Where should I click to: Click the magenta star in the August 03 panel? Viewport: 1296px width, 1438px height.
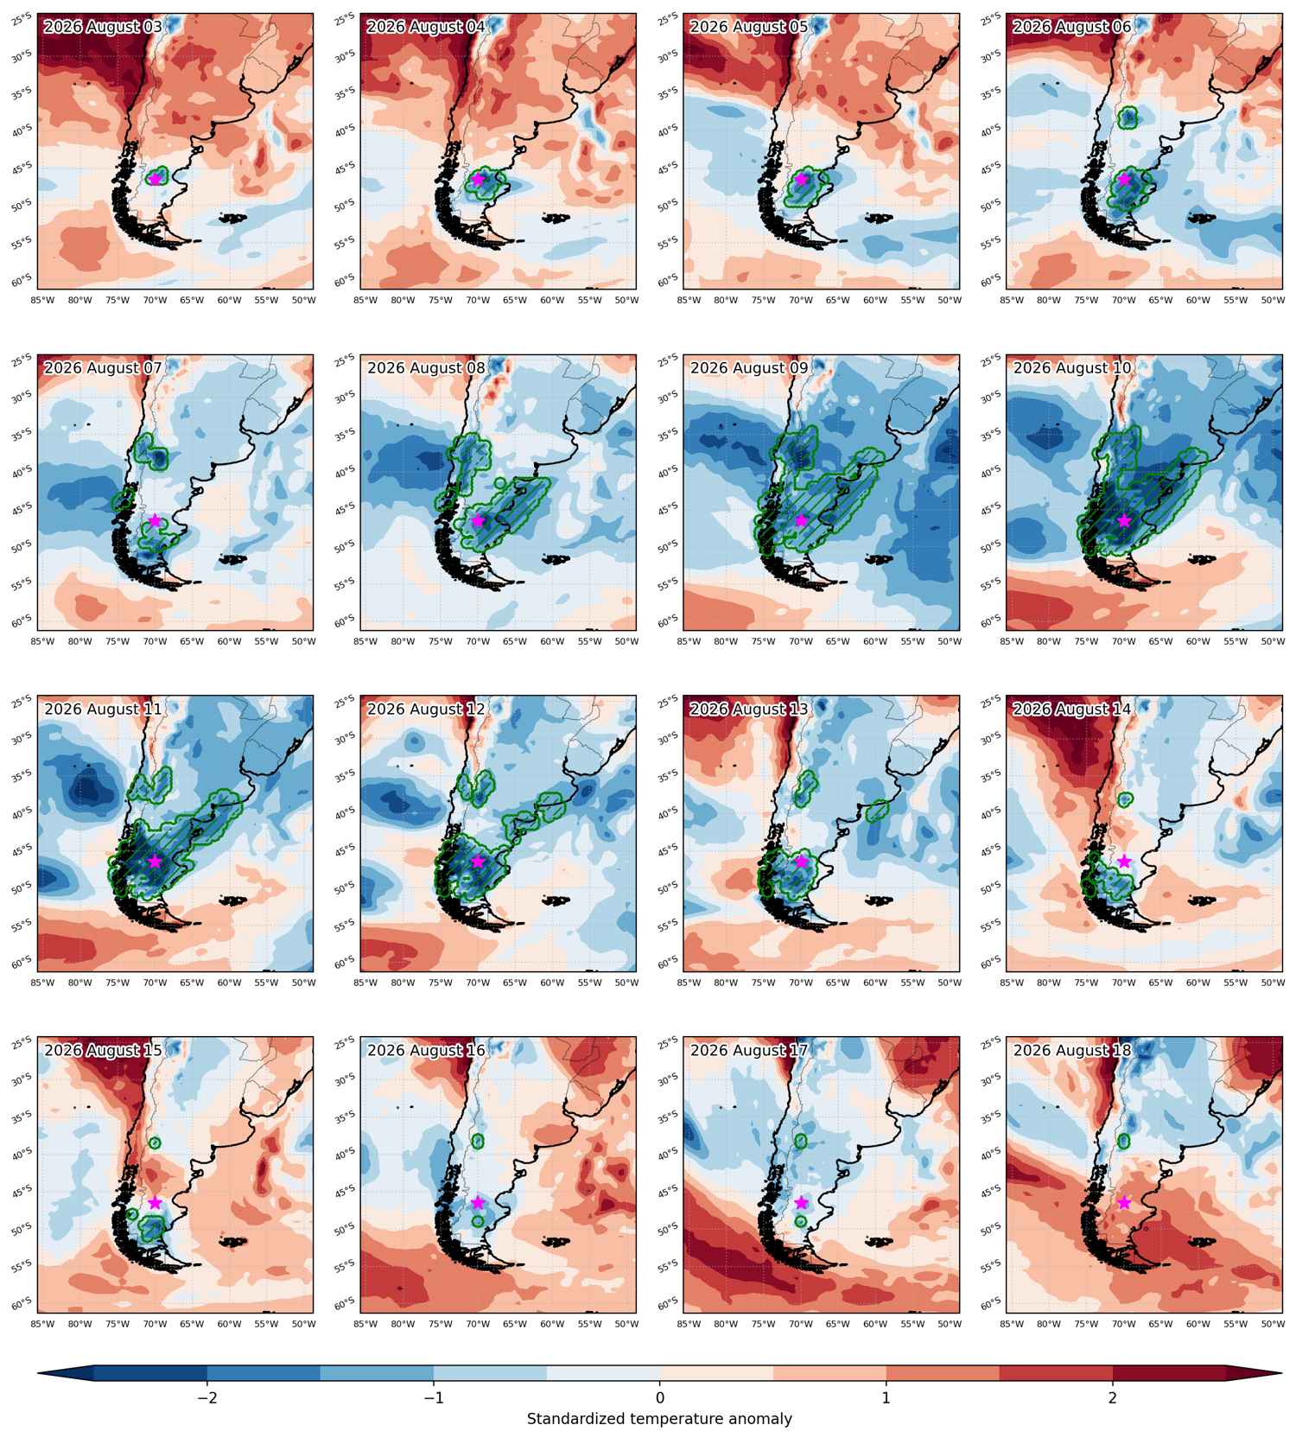(x=155, y=179)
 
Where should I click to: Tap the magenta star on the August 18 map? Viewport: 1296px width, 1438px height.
(x=1124, y=1202)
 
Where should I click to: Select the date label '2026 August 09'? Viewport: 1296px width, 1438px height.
(x=749, y=368)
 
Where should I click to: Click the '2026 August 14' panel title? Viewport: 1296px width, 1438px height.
(x=1072, y=709)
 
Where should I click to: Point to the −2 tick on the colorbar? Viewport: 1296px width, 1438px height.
(x=207, y=1398)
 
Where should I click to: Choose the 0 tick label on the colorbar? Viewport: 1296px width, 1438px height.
(x=660, y=1398)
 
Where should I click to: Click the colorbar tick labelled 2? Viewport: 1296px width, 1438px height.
(x=1113, y=1398)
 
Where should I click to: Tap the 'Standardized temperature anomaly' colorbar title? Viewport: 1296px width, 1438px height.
(x=659, y=1419)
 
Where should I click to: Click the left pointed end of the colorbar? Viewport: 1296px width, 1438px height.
(x=39, y=1372)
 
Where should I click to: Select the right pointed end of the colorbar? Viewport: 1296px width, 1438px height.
(x=1281, y=1372)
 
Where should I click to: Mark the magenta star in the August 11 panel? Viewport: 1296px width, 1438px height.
(x=155, y=861)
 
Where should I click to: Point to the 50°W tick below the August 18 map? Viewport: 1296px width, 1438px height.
(x=1273, y=1323)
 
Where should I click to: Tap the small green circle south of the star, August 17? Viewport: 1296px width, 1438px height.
(x=801, y=1221)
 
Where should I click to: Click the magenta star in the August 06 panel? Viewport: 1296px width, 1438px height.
(x=1124, y=179)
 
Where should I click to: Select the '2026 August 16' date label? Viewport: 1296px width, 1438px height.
(x=426, y=1051)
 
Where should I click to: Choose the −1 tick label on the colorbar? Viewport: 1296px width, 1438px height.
(x=434, y=1398)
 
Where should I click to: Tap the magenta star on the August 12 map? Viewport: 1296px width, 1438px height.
(x=478, y=861)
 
